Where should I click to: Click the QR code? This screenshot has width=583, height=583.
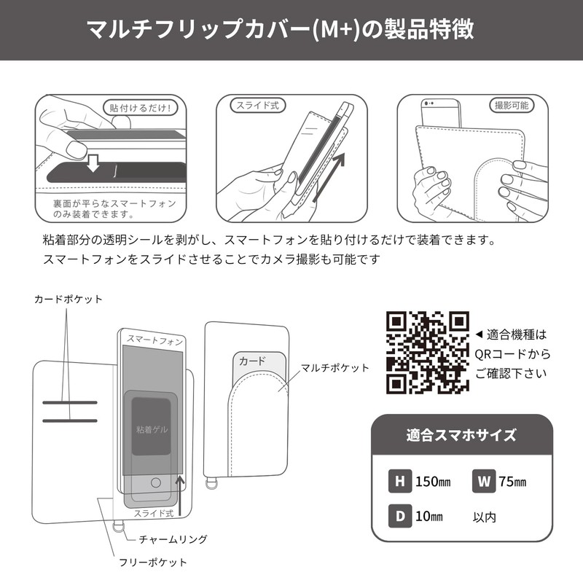[427, 353]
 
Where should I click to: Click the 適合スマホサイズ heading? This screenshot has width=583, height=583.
[461, 436]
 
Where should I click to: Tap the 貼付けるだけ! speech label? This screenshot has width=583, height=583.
[139, 108]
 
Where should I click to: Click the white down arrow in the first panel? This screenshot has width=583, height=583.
[93, 163]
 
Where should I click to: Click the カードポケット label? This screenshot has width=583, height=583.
[69, 300]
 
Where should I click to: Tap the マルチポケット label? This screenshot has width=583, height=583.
[340, 368]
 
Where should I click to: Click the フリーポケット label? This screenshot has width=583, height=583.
[154, 562]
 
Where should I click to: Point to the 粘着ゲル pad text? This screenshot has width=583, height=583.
[152, 430]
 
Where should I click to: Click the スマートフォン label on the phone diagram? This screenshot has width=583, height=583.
[155, 340]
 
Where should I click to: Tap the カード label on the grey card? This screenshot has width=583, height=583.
[252, 361]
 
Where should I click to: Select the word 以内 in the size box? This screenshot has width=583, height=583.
[485, 517]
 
